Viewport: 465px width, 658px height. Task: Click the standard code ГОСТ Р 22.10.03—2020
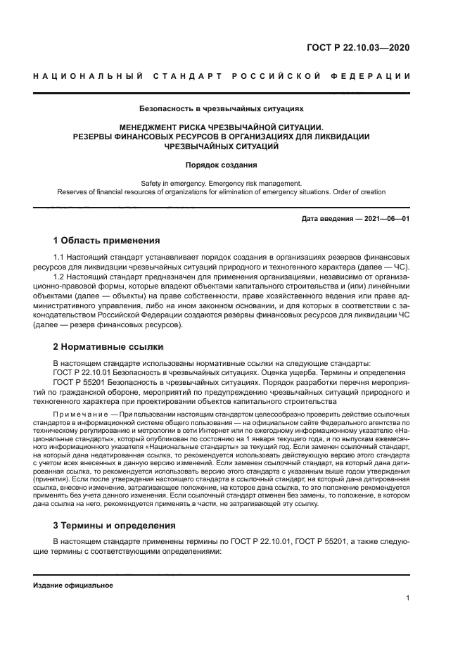tap(358, 49)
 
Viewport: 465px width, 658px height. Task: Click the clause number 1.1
tap(59, 258)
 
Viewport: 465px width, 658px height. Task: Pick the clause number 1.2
tap(59, 277)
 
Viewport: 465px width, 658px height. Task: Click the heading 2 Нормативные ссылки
tap(109, 346)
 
